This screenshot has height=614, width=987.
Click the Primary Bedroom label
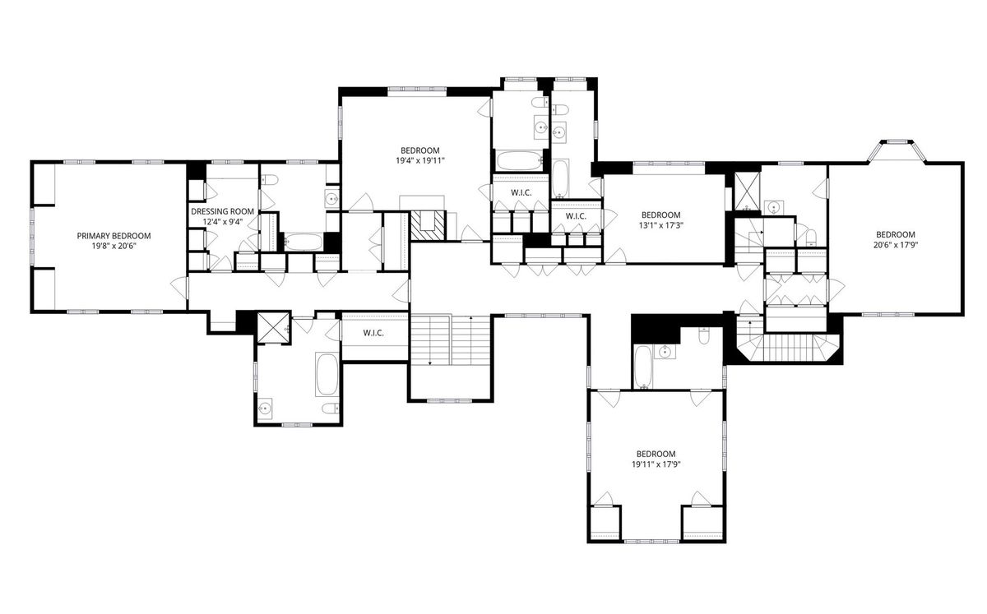click(x=114, y=236)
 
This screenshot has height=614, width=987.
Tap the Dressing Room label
click(x=223, y=211)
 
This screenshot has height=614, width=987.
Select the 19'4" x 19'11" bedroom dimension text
click(x=420, y=161)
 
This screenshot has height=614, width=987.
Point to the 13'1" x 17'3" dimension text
click(x=660, y=225)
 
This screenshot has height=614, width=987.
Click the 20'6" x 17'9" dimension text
click(x=896, y=245)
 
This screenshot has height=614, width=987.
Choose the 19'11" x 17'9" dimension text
click(x=656, y=464)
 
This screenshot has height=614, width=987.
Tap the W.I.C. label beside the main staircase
click(x=373, y=334)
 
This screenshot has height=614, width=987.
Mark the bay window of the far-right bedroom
click(x=897, y=151)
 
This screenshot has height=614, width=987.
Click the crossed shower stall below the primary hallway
click(x=274, y=327)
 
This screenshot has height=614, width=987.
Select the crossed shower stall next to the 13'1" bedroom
click(x=747, y=190)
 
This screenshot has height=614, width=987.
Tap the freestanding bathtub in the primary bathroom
click(x=327, y=374)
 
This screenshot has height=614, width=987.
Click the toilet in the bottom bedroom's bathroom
click(x=704, y=335)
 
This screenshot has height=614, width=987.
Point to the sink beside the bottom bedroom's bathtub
click(x=663, y=352)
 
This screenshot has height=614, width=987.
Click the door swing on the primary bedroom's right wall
click(x=180, y=289)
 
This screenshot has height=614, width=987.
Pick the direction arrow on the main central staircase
click(x=471, y=340)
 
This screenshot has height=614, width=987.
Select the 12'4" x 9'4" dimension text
click(x=223, y=222)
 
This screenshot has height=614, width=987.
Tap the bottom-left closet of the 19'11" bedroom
click(x=604, y=523)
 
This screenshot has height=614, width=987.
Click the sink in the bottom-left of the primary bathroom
click(x=265, y=408)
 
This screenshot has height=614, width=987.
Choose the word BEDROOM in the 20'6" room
click(x=896, y=235)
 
